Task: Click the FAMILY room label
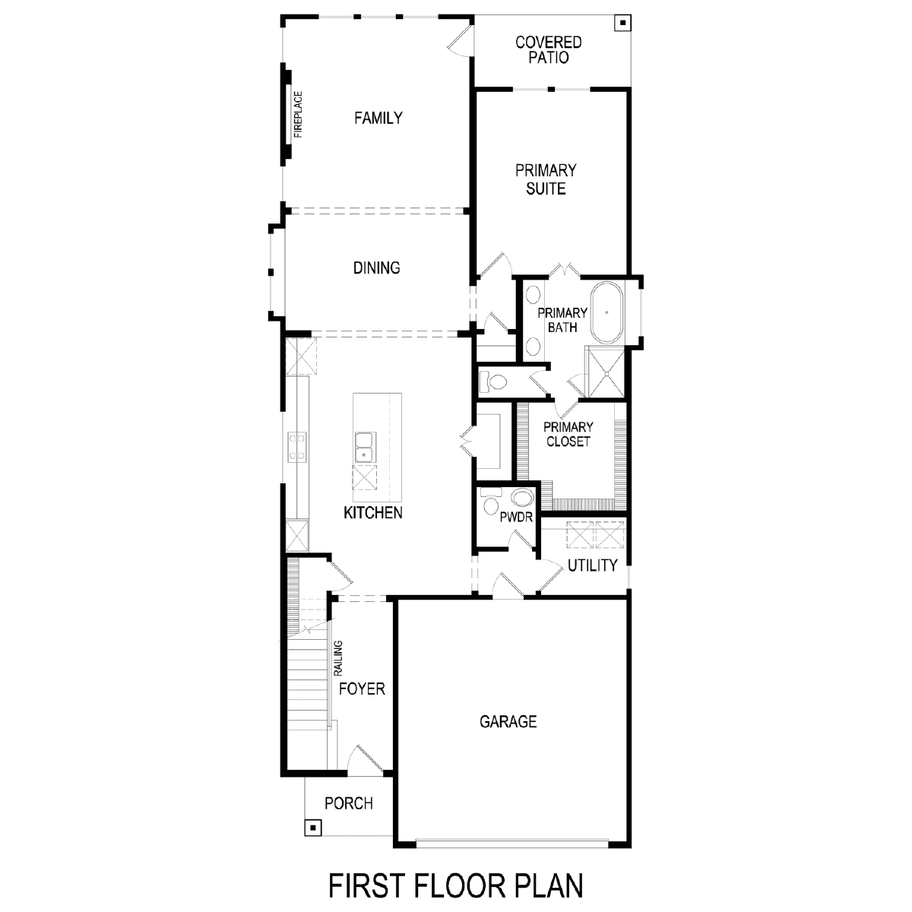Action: (378, 118)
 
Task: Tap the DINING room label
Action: (376, 268)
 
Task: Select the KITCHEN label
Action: (373, 512)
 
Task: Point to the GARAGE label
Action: (508, 721)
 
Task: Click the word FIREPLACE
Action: (298, 115)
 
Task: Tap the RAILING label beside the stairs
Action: (338, 658)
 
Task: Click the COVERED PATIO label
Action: (549, 49)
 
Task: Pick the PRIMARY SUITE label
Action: (546, 179)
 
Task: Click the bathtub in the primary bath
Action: (606, 313)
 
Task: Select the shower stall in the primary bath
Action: (605, 372)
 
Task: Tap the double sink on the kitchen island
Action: (364, 447)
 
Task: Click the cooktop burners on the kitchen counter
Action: (296, 447)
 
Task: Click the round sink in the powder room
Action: (522, 498)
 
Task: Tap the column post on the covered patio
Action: (623, 23)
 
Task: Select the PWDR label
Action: (516, 518)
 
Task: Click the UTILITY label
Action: (593, 565)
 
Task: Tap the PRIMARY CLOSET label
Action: (568, 434)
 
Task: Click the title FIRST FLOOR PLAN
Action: (456, 886)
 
